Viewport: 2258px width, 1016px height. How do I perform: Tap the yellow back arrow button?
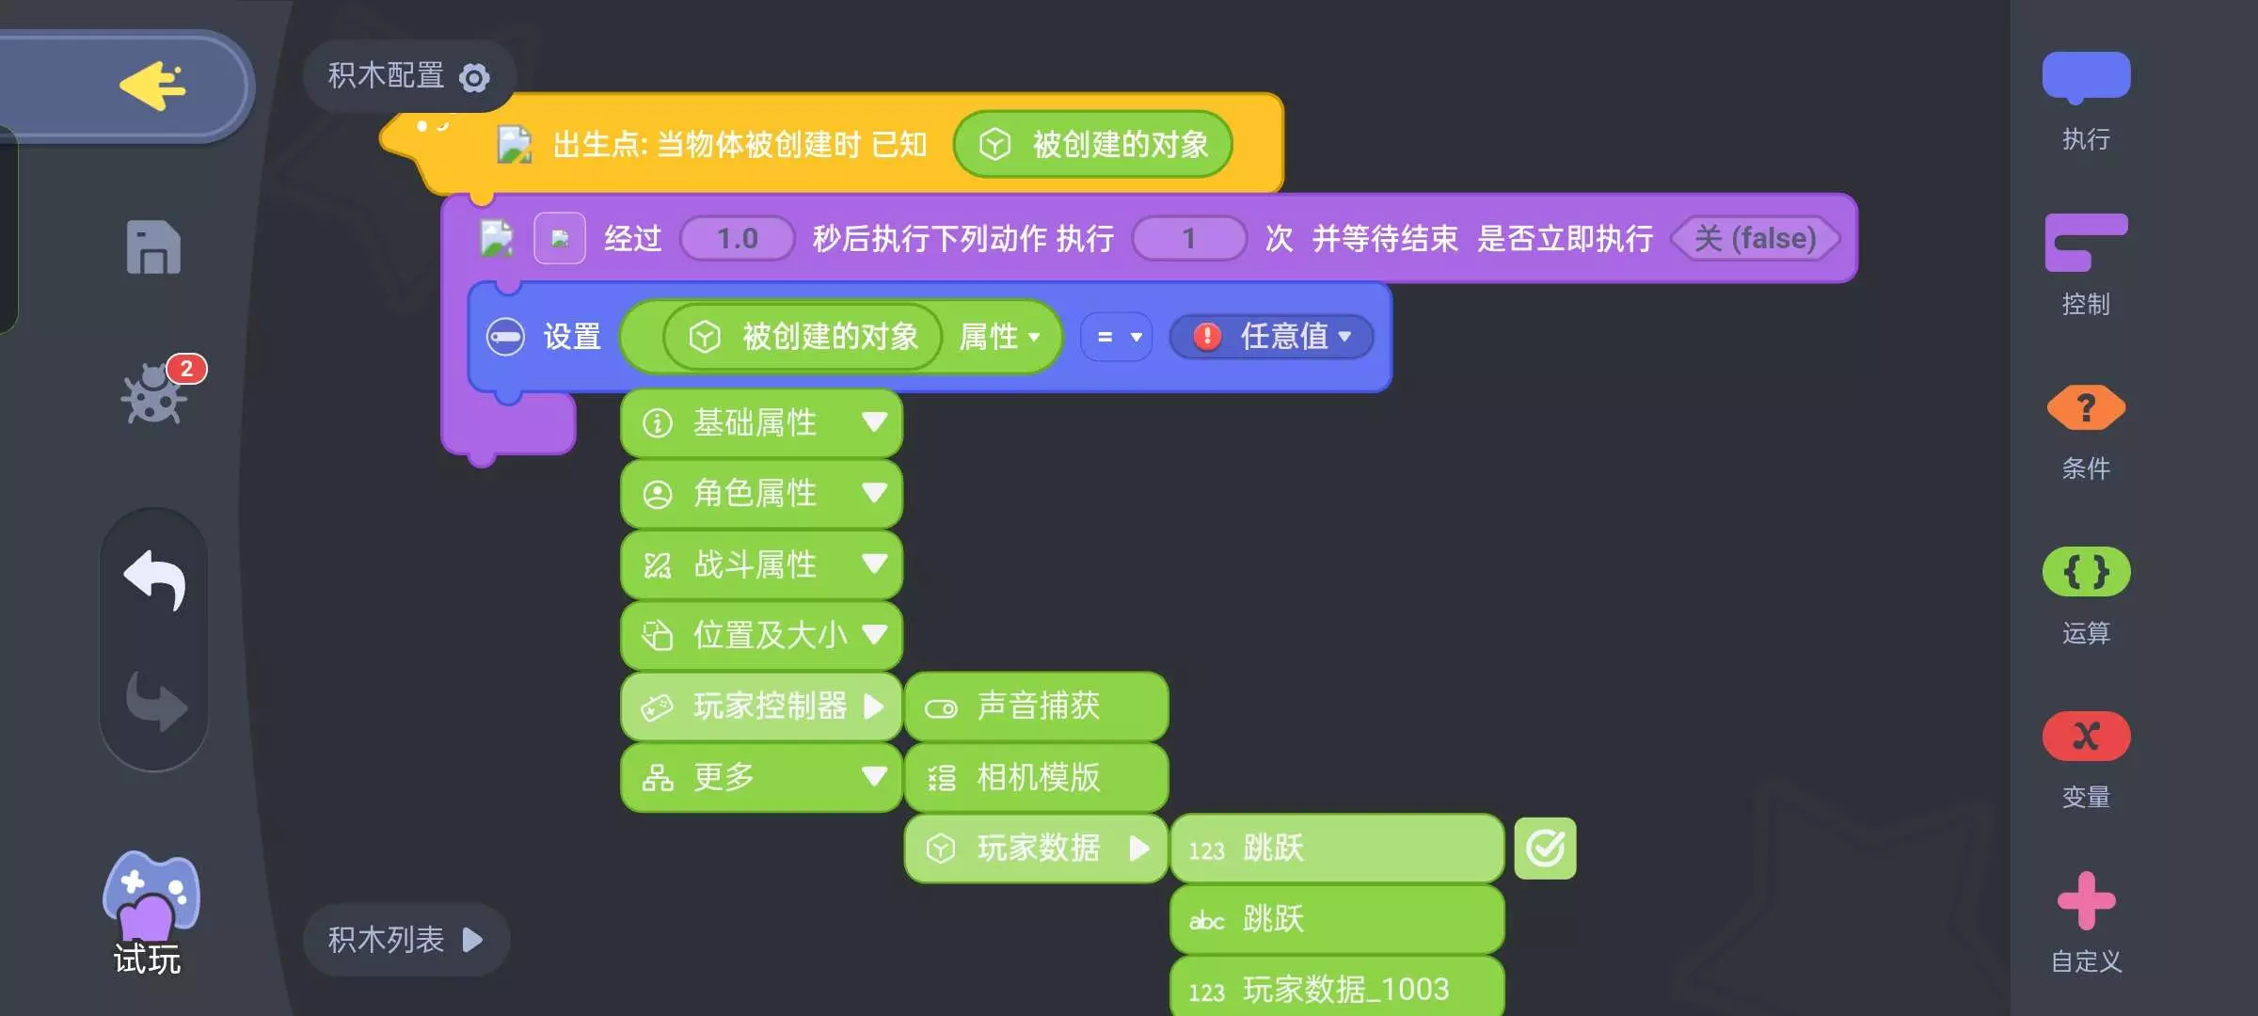click(x=153, y=87)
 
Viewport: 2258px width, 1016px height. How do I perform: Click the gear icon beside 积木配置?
click(x=474, y=77)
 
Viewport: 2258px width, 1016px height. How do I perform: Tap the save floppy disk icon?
click(x=153, y=248)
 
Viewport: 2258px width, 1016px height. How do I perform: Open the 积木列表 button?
click(x=405, y=939)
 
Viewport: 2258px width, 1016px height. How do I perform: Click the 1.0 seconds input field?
click(x=738, y=239)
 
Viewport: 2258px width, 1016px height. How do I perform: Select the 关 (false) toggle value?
click(x=1755, y=239)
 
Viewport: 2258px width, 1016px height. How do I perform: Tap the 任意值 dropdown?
click(x=1272, y=337)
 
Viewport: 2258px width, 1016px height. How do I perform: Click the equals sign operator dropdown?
click(x=1117, y=337)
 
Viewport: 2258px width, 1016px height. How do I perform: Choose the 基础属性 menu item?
click(x=761, y=422)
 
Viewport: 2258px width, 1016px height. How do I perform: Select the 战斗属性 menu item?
click(x=761, y=564)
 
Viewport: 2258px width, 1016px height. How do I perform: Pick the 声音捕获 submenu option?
click(x=1036, y=706)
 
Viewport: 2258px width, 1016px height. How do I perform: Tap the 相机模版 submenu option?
click(x=1036, y=778)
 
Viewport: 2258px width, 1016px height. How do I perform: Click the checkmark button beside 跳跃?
click(x=1545, y=849)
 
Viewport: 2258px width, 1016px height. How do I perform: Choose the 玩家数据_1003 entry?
click(x=1336, y=989)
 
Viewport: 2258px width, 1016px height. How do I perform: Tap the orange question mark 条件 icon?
click(x=2086, y=408)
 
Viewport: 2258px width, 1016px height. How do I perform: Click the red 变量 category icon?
click(x=2086, y=737)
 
